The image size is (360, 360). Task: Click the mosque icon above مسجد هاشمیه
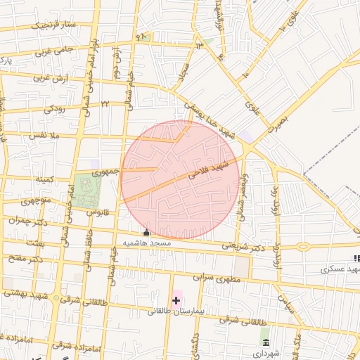pyautogui.click(x=146, y=233)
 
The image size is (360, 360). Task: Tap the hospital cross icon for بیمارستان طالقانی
pyautogui.click(x=176, y=300)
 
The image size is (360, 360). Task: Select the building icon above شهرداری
pyautogui.click(x=265, y=343)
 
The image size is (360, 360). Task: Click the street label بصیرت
pyautogui.click(x=279, y=121)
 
